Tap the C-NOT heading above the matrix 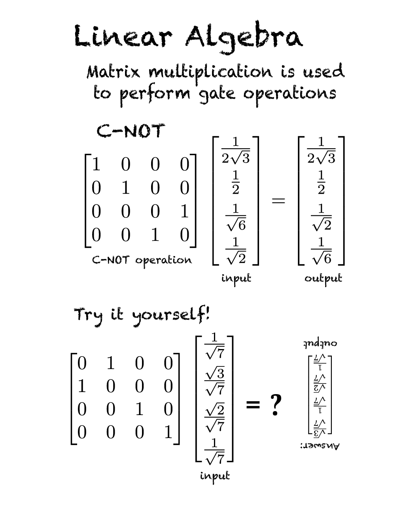(131, 131)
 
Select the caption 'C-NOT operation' (142, 260)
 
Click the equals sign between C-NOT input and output (278, 201)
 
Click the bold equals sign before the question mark (253, 405)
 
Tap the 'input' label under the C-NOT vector (236, 278)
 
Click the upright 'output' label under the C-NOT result (323, 278)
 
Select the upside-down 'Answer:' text (320, 446)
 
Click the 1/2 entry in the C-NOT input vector (235, 182)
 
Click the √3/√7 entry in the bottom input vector (214, 381)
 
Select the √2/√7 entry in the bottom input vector (214, 417)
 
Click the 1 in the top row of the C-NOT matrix (96, 164)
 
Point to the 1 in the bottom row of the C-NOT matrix (155, 235)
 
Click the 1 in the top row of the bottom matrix (110, 363)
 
